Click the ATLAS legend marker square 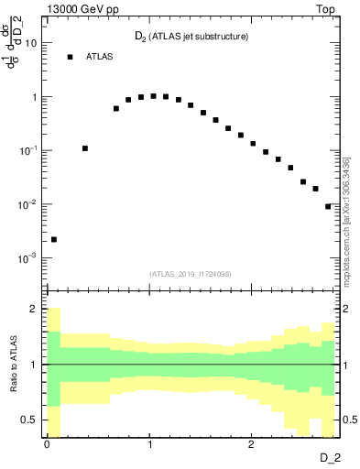click(70, 57)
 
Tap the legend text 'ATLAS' click(101, 57)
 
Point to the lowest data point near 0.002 click(54, 239)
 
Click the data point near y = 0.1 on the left click(85, 147)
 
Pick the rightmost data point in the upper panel click(328, 206)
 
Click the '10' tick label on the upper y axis click(31, 43)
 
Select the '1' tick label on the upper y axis click(34, 97)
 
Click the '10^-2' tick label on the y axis click(28, 203)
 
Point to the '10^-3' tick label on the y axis click(28, 257)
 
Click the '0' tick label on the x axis click(48, 443)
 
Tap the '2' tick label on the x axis click(252, 443)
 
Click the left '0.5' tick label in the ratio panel click(29, 419)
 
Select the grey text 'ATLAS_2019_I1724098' click(190, 273)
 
